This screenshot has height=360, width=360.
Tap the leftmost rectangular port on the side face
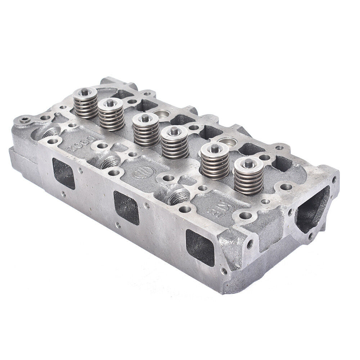point(64,173)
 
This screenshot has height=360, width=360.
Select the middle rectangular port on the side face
point(126,208)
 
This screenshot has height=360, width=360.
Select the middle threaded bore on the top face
point(110,162)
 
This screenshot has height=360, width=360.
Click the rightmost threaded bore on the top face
point(179,196)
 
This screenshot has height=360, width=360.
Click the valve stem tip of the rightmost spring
point(249,163)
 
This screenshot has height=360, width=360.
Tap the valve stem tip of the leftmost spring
point(85,92)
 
